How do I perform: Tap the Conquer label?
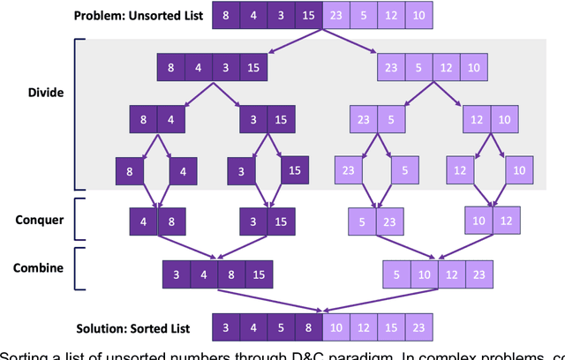(41, 219)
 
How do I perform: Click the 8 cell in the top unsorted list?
(227, 16)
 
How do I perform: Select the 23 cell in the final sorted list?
(417, 328)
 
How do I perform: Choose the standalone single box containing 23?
(348, 170)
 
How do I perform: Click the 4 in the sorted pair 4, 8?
(143, 221)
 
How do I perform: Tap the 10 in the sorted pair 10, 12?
(479, 221)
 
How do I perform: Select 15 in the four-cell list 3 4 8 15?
(257, 274)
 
